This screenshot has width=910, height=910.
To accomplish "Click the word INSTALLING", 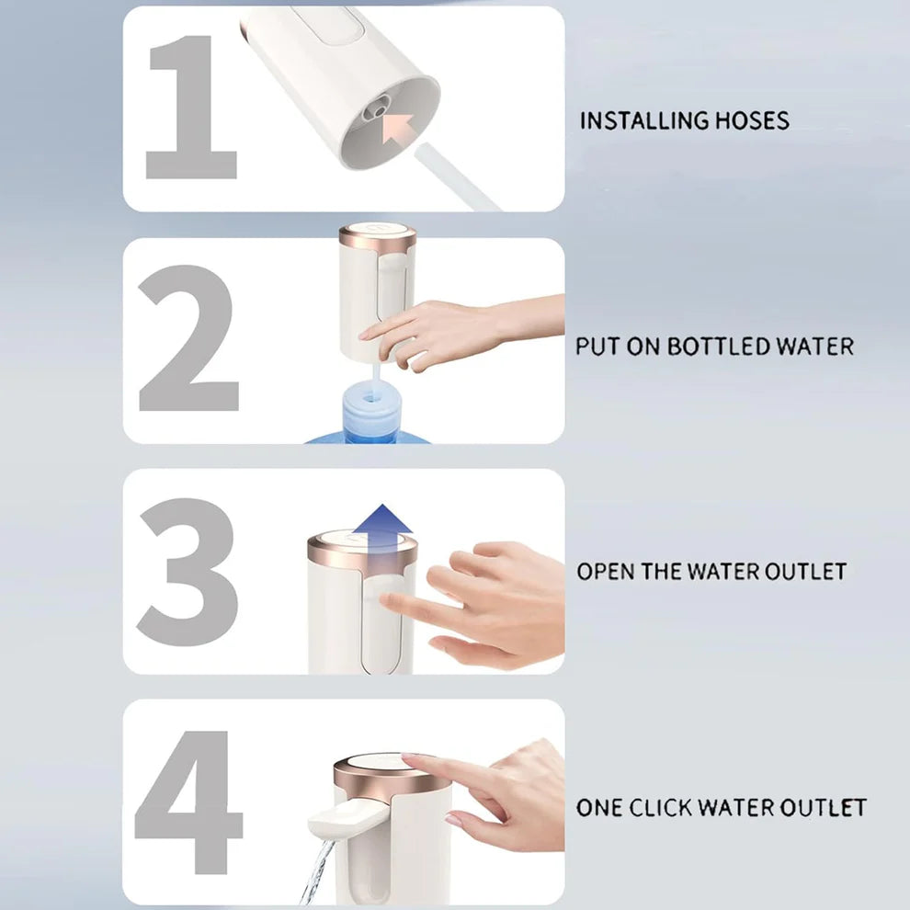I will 644,120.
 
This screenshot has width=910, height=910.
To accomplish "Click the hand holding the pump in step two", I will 441,331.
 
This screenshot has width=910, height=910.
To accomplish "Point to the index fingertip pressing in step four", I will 411,760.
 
